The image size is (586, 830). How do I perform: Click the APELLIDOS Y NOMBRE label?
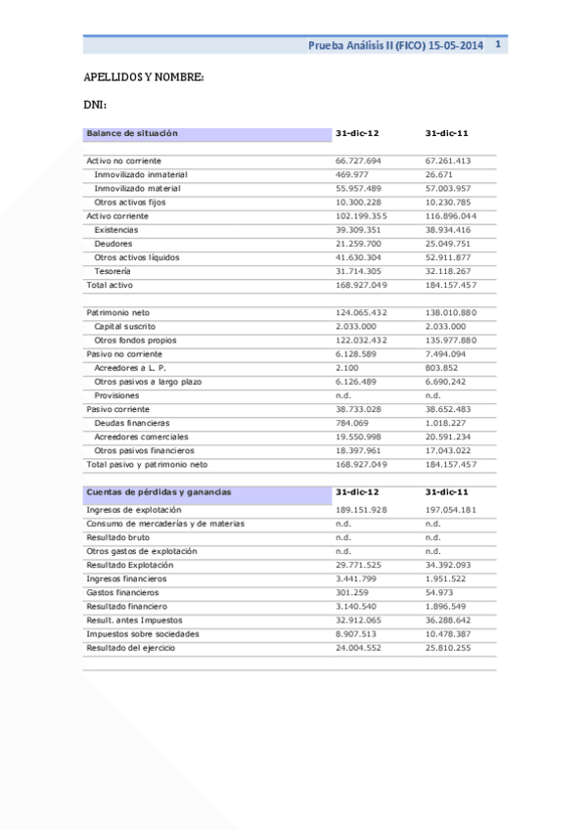point(143,77)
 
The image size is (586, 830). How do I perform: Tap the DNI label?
point(95,105)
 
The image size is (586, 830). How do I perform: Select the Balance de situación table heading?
point(132,132)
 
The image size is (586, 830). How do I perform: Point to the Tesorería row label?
point(113,270)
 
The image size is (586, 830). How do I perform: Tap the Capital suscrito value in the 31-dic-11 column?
point(448,326)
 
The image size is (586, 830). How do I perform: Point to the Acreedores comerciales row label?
point(139,437)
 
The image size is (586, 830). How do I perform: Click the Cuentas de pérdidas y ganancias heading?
point(158,491)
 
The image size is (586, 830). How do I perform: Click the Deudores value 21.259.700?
point(358,243)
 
